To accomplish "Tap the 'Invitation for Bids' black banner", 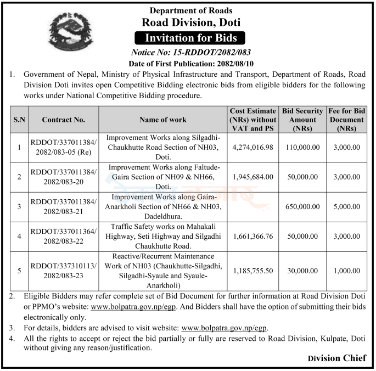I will point(191,38).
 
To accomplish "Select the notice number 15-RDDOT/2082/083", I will point(191,52).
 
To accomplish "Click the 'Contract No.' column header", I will point(63,119).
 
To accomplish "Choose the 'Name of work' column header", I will point(163,119).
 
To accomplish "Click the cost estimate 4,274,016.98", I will point(254,147).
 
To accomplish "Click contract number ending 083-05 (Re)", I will point(63,147).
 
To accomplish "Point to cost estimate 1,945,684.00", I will point(254,177).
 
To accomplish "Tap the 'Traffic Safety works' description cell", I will point(163,235).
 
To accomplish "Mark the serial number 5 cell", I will point(19,271).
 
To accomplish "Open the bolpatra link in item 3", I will point(224,328).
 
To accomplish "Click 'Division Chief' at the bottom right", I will point(336,358).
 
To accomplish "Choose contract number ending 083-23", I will point(63,271).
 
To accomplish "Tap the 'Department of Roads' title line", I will point(191,10).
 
